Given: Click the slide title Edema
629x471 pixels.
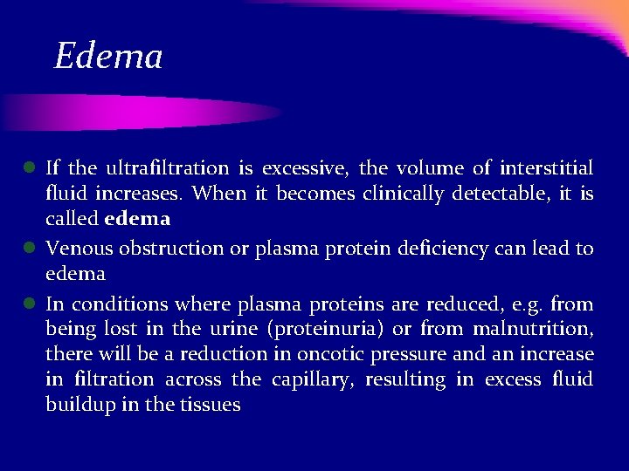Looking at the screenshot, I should (x=108, y=57).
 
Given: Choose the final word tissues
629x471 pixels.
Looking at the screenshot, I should (x=210, y=406).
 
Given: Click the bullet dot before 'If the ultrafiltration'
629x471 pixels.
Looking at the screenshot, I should (x=29, y=167).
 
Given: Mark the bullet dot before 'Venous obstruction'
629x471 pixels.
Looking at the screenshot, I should (x=29, y=249).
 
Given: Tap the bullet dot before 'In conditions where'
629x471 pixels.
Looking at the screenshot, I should (x=29, y=304).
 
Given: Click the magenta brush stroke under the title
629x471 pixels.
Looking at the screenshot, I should (x=140, y=112).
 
